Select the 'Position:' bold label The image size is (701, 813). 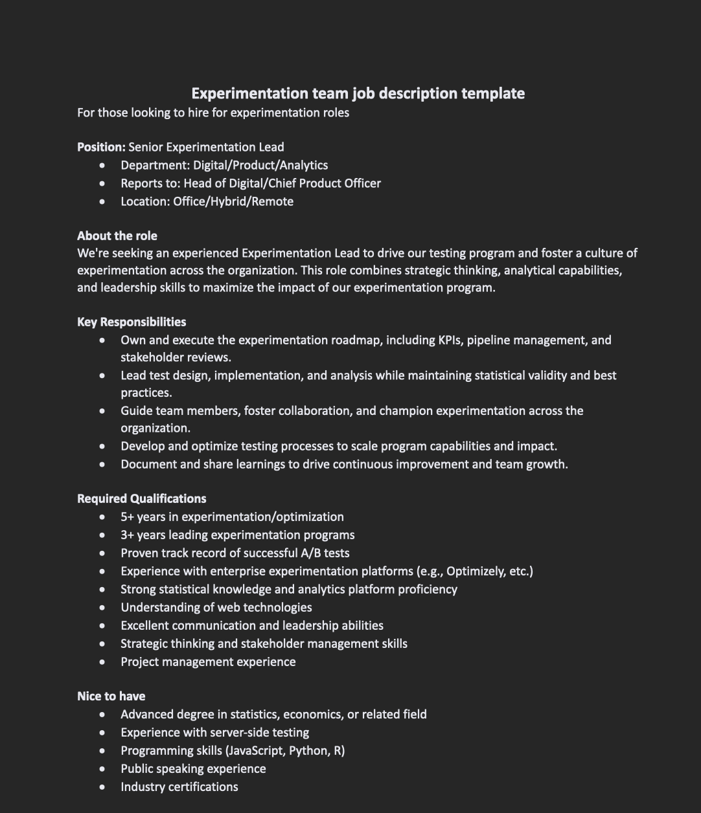click(x=101, y=147)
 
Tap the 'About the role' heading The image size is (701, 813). click(x=117, y=236)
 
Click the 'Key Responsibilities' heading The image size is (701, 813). click(x=132, y=322)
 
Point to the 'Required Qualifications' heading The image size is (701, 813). click(x=141, y=498)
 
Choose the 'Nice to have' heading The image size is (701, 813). click(x=111, y=696)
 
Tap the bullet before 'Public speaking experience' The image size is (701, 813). click(x=102, y=769)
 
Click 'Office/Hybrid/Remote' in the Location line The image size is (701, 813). click(x=233, y=201)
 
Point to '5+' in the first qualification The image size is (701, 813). click(x=127, y=517)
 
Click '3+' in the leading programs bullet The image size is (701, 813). click(x=127, y=535)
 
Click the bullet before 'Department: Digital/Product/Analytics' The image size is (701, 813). click(x=102, y=166)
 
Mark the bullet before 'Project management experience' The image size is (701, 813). click(x=102, y=662)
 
